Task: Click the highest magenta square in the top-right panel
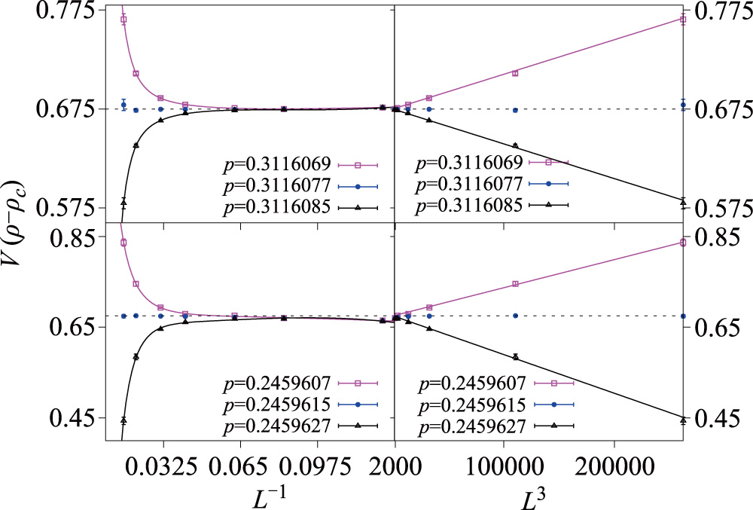683,20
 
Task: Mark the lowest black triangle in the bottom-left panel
123,420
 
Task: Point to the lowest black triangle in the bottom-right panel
683,420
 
